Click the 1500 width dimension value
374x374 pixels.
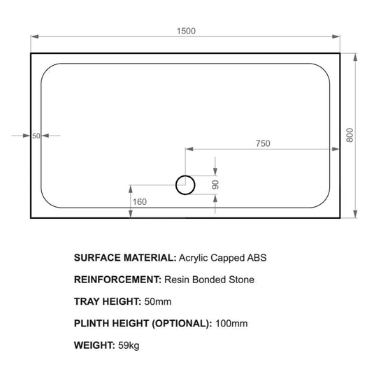(x=186, y=30)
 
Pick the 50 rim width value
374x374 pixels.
(x=36, y=136)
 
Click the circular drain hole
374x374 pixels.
(x=186, y=185)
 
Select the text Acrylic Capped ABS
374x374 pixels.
(x=223, y=257)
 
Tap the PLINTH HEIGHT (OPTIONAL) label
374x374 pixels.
(x=142, y=324)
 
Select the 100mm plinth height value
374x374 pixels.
(x=231, y=324)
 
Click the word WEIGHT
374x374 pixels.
(x=93, y=345)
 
